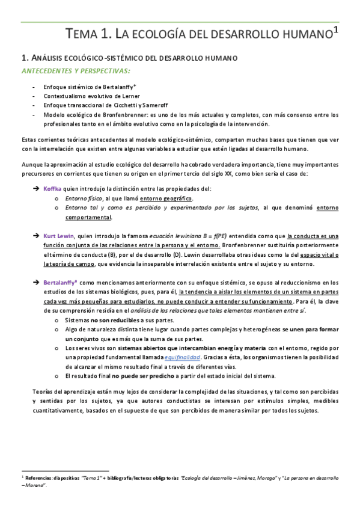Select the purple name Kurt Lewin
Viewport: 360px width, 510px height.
59,235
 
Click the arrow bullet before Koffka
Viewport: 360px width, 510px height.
36,189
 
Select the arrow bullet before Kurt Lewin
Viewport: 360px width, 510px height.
36,235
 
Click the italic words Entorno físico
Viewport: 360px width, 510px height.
85,198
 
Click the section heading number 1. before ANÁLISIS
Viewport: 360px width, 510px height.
25,58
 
